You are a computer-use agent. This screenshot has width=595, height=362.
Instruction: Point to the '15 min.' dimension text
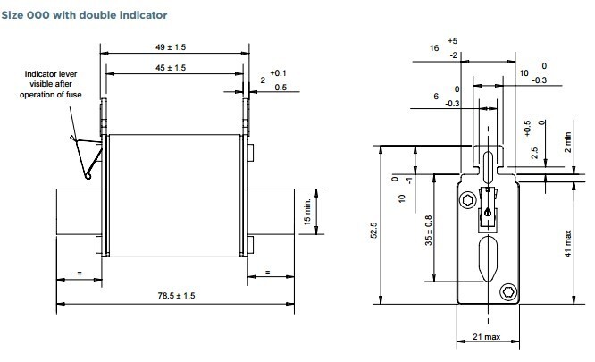[306, 207]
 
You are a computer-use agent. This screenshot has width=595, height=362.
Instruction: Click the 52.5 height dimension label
[374, 230]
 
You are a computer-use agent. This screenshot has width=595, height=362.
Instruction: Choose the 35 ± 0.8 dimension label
[428, 230]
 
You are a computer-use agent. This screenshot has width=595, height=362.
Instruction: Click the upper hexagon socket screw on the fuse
[466, 200]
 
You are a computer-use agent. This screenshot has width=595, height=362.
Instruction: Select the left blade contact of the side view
[78, 212]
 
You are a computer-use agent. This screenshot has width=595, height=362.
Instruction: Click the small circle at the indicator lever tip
[88, 176]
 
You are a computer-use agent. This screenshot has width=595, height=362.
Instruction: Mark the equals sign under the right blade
[266, 272]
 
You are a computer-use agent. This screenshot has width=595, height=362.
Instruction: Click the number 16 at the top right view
[434, 48]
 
